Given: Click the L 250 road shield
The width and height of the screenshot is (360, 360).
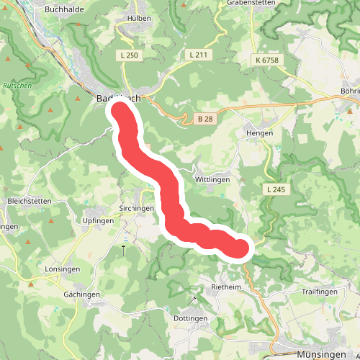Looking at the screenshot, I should coord(130,55).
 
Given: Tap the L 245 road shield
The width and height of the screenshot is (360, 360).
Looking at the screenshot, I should coord(276,189).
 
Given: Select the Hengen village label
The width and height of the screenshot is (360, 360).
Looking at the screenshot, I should coord(259,133).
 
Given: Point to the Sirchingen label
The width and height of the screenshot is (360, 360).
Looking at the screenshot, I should coord(136,208).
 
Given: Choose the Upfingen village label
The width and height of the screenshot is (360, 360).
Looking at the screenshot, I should coord(99,220).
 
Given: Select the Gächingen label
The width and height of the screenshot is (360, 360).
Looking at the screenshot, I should coord(81,295).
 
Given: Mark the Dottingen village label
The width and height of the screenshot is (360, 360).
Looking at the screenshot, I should coord(191,318).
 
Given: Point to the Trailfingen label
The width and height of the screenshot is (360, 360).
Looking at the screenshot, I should coord(320,292).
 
